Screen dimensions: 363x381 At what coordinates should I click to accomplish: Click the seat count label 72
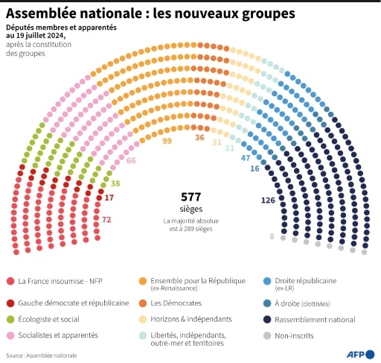click(106, 220)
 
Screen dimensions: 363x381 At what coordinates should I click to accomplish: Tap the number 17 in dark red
click(109, 198)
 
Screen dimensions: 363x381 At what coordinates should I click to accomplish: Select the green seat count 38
click(115, 183)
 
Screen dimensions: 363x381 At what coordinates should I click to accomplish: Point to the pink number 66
click(131, 160)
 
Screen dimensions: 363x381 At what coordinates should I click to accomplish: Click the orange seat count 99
click(167, 141)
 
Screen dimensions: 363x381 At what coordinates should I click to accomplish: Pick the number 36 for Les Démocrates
click(199, 137)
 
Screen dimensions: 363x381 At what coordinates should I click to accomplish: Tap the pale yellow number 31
click(217, 142)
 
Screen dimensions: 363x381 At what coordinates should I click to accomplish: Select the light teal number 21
click(230, 148)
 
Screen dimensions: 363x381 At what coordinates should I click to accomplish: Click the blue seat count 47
click(246, 158)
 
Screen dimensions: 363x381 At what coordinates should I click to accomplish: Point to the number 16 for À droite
click(254, 168)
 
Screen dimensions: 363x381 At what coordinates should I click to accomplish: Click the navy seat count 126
click(268, 201)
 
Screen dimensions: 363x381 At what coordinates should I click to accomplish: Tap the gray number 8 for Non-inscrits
click(272, 236)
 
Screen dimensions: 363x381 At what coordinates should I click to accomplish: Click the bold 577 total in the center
click(191, 197)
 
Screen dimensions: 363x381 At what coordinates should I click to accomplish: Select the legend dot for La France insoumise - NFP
click(10, 281)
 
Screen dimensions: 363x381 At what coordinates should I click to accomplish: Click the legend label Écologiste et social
click(49, 320)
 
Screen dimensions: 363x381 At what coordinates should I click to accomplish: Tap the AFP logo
click(360, 353)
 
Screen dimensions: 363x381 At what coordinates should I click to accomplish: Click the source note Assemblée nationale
click(49, 356)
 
